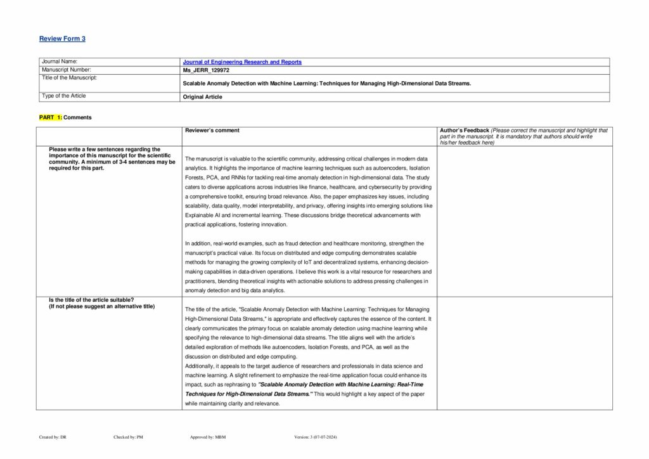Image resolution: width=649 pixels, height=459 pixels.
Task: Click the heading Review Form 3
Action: click(x=62, y=39)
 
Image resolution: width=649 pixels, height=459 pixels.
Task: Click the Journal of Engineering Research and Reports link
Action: click(x=242, y=62)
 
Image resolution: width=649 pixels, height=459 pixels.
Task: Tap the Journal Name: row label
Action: click(x=59, y=61)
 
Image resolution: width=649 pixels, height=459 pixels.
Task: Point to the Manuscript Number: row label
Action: click(x=67, y=69)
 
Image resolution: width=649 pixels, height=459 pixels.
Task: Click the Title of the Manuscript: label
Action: click(x=69, y=77)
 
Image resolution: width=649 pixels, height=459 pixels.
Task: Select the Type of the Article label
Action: click(x=63, y=96)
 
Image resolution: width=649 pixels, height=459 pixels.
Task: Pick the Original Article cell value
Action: click(x=202, y=96)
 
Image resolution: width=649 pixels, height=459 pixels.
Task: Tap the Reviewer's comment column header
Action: click(x=212, y=131)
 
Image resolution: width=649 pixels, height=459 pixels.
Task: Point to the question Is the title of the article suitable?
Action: click(x=92, y=300)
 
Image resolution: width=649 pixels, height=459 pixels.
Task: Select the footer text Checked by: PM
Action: click(x=128, y=437)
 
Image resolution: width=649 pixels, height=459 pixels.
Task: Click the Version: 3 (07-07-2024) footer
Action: click(x=316, y=437)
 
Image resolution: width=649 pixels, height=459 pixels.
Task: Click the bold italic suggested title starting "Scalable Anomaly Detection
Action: click(x=304, y=389)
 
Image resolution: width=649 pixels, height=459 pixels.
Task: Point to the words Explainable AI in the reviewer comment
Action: click(x=202, y=216)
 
